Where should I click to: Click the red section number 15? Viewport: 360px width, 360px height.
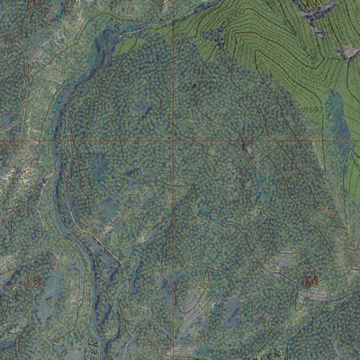(x=32, y=282)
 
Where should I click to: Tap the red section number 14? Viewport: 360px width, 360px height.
(x=311, y=281)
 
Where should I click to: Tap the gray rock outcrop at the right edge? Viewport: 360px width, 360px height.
(x=347, y=52)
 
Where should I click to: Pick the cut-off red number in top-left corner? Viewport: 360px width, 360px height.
(x=34, y=4)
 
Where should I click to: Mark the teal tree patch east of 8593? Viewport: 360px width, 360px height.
(x=336, y=112)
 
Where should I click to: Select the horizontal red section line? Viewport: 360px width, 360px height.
(x=90, y=141)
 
